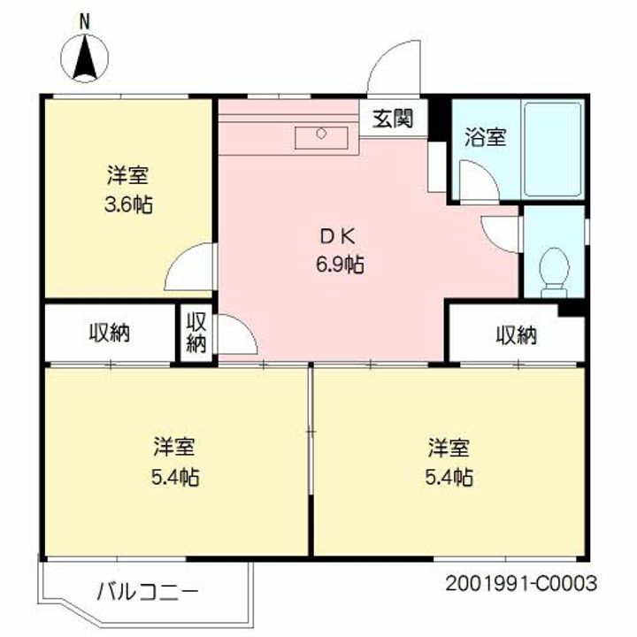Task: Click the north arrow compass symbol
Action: [85, 58]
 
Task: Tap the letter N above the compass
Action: [85, 21]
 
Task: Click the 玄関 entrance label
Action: [393, 119]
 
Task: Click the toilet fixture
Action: [554, 272]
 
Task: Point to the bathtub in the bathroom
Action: [552, 150]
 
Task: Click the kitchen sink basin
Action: [321, 137]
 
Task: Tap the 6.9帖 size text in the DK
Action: [340, 265]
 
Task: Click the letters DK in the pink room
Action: [338, 236]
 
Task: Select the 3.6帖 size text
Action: [129, 204]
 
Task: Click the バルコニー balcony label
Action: [148, 591]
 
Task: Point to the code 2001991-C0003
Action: [521, 584]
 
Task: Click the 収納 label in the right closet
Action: [517, 335]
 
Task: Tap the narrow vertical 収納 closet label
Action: [196, 333]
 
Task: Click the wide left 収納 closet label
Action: [110, 334]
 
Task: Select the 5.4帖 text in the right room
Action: [449, 477]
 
